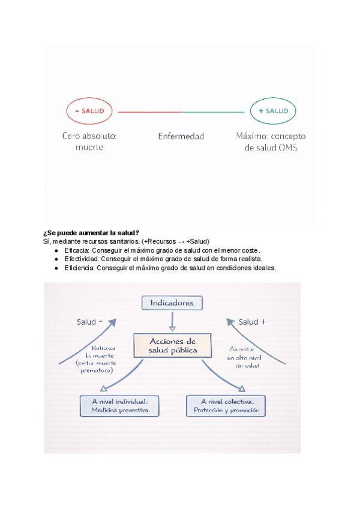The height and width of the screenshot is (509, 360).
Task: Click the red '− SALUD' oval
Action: pyautogui.click(x=89, y=111)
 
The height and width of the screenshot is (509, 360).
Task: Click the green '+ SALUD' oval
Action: pyautogui.click(x=272, y=111)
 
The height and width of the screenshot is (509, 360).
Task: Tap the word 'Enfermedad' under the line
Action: pyautogui.click(x=181, y=136)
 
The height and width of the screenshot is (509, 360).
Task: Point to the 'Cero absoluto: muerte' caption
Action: pyautogui.click(x=89, y=142)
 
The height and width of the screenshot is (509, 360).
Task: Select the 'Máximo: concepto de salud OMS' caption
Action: pyautogui.click(x=271, y=142)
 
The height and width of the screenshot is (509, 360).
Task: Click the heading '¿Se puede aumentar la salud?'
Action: pyautogui.click(x=91, y=233)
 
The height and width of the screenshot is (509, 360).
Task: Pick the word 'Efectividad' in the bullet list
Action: pyautogui.click(x=82, y=259)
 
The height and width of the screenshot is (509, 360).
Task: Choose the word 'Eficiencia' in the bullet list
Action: pyautogui.click(x=80, y=268)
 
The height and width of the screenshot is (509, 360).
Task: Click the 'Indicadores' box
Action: pyautogui.click(x=172, y=303)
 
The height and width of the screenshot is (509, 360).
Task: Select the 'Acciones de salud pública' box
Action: pyautogui.click(x=172, y=346)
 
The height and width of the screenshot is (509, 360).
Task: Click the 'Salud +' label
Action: pyautogui.click(x=253, y=322)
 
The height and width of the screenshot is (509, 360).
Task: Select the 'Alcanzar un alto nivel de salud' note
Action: pyautogui.click(x=244, y=357)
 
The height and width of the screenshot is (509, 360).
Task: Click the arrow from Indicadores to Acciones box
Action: pyautogui.click(x=172, y=322)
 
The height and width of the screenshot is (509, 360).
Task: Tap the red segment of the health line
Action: pyautogui.click(x=149, y=112)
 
